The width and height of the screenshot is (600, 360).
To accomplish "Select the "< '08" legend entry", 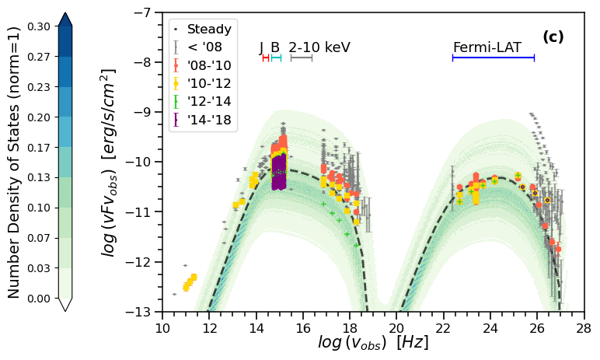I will (x=204, y=47).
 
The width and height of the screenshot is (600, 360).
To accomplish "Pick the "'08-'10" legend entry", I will (x=208, y=65).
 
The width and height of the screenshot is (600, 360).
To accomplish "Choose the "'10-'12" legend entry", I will (x=208, y=83).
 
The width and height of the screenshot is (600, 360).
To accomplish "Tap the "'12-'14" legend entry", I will (x=208, y=101).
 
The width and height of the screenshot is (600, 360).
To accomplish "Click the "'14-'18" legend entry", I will (x=208, y=119).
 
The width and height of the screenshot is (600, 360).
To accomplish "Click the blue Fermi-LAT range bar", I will (x=493, y=58).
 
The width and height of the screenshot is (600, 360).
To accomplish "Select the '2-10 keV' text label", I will (x=319, y=48).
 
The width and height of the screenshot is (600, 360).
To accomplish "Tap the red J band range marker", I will (x=266, y=58).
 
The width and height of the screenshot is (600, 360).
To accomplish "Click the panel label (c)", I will (x=553, y=37).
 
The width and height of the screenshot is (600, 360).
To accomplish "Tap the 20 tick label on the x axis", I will (x=396, y=328).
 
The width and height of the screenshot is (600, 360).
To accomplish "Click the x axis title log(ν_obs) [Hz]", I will (x=373, y=343).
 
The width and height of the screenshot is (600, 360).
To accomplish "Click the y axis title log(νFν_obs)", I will (x=110, y=162).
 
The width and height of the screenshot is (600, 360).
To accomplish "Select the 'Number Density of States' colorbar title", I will (x=14, y=162).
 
